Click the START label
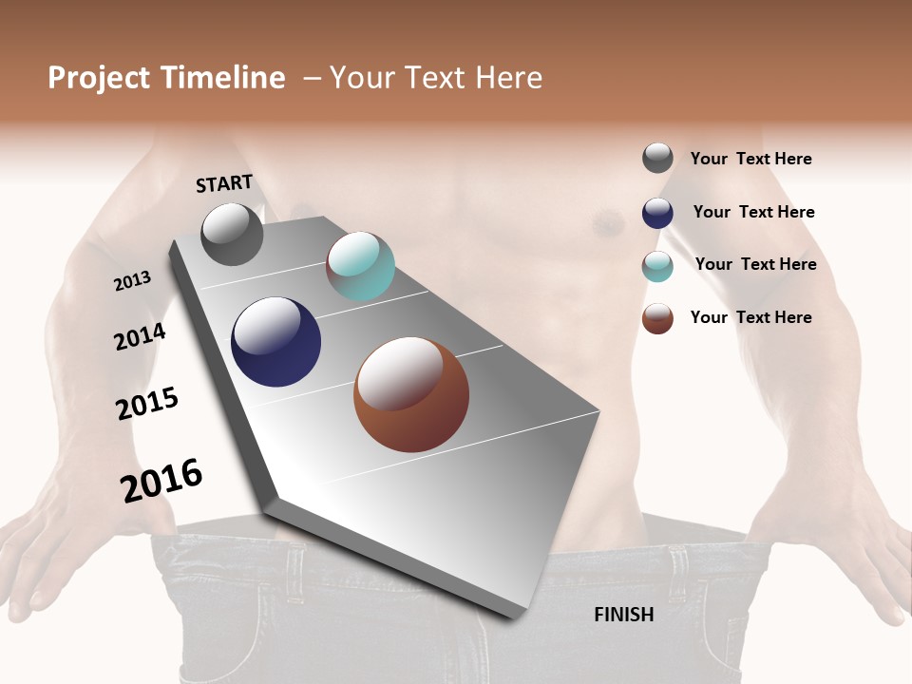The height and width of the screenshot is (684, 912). [x=224, y=183]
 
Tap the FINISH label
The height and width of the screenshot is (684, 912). [x=624, y=615]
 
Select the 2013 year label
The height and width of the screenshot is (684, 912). [x=132, y=281]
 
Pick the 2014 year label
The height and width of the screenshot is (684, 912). [x=140, y=336]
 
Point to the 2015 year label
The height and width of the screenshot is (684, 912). [x=147, y=404]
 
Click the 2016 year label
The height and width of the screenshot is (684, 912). [x=161, y=481]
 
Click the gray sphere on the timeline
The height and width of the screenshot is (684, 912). [x=233, y=234]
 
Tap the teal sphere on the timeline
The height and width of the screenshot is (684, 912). [x=360, y=266]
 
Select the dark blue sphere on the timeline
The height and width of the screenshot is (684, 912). [x=275, y=342]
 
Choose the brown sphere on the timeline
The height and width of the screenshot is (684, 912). [x=411, y=394]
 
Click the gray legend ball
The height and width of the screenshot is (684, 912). [x=657, y=158]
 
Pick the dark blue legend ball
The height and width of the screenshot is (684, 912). [x=657, y=213]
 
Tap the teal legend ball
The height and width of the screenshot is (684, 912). [x=657, y=266]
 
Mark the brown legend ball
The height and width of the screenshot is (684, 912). [x=657, y=318]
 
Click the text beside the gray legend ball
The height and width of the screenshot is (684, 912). [x=750, y=159]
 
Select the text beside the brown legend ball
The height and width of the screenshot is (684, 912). [x=750, y=317]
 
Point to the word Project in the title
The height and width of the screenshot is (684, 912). [x=99, y=78]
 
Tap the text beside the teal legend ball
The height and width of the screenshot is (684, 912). [x=755, y=264]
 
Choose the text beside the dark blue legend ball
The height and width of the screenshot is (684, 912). [x=753, y=212]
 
